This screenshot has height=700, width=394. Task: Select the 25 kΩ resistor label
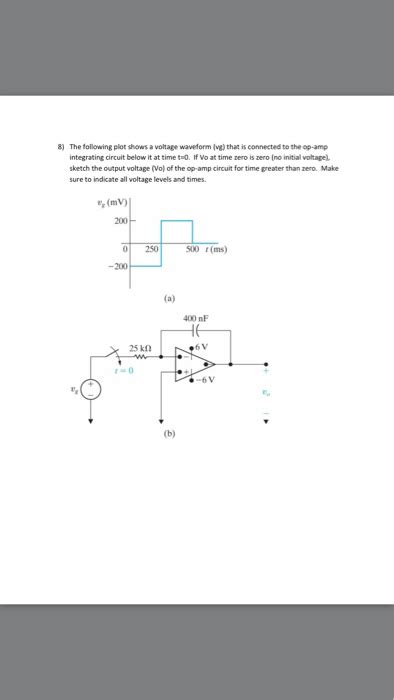141,348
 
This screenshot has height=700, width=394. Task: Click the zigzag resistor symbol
141,356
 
